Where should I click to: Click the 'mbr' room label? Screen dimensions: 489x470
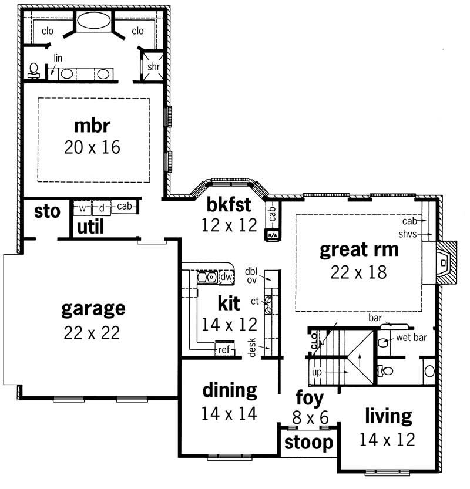93,126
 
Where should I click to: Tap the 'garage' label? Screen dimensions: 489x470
93,308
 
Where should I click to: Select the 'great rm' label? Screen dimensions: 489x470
358,250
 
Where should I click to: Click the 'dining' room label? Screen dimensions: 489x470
230,390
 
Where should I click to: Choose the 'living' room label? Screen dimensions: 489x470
388,416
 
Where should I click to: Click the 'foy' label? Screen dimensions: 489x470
310,399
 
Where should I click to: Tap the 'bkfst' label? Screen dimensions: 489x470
229,205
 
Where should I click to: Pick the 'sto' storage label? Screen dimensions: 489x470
47,211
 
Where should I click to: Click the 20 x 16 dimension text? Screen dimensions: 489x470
93,147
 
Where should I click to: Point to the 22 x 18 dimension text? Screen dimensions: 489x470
358,272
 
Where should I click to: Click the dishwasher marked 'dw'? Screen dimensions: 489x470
226,277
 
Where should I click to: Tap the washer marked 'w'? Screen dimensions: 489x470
82,208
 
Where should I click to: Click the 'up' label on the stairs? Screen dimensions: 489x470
316,372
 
